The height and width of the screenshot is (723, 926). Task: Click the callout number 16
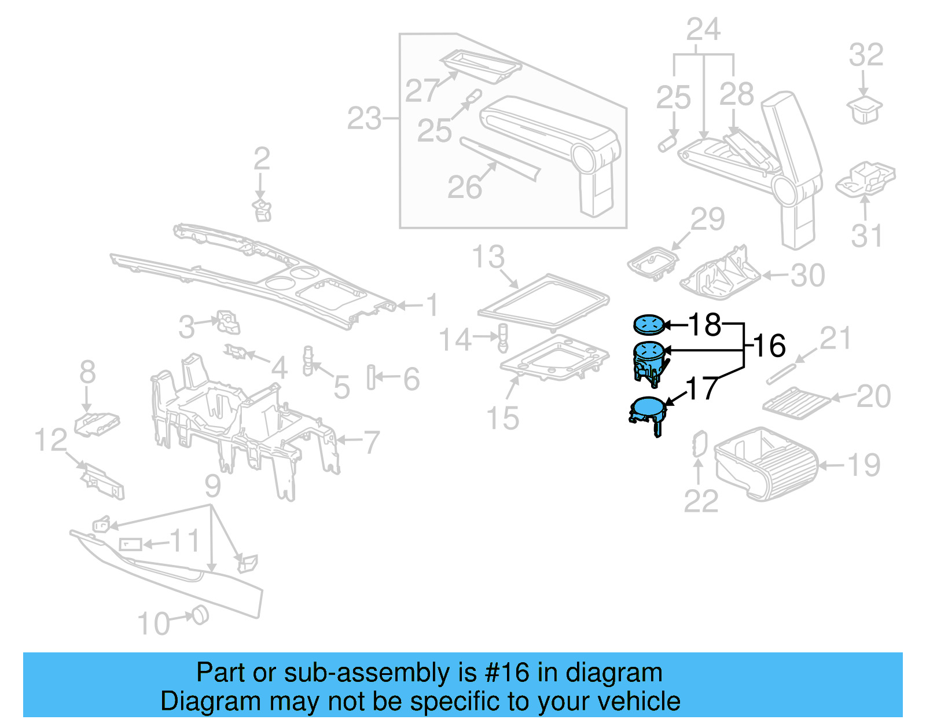coord(770,346)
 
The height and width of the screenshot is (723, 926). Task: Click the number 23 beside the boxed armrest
coord(364,119)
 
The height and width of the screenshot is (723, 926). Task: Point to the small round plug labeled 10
coord(199,614)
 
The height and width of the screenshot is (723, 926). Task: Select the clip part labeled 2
coord(263,211)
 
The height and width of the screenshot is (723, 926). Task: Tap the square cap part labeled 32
coord(865,110)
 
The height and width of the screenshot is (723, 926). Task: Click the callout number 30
coord(808,276)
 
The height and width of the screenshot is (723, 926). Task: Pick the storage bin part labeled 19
coord(764,463)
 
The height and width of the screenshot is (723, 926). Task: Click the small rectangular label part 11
coord(130,544)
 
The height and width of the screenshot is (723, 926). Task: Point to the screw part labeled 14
coord(503,339)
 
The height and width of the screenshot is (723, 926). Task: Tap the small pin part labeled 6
coord(370,377)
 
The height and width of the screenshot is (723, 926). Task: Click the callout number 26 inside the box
coord(464,187)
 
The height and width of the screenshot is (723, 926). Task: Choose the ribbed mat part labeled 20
coord(796,403)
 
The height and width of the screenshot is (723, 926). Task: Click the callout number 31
coord(866,236)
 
